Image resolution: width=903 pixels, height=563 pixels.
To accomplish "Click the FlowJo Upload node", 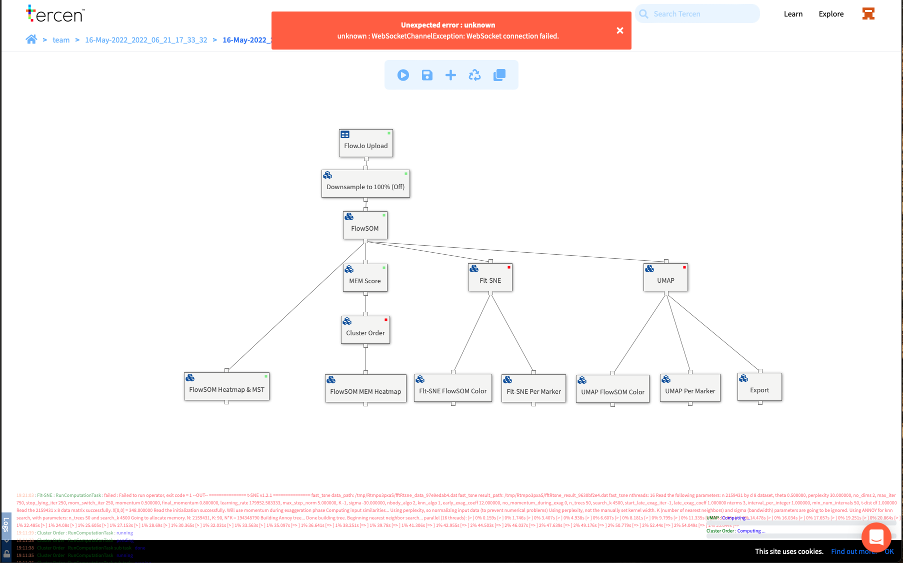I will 365,144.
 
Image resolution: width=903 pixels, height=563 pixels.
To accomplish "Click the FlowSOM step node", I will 365,226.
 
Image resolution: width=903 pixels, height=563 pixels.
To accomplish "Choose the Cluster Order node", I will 365,330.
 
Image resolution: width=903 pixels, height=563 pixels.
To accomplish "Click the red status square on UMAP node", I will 684,267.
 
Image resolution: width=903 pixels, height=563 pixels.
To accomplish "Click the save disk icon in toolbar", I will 427,75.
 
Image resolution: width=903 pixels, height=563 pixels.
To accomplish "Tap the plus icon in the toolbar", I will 450,75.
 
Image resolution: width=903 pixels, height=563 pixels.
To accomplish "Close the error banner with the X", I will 620,31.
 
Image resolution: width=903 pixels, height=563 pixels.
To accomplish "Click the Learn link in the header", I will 793,14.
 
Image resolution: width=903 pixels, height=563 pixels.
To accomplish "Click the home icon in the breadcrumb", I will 31,40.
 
